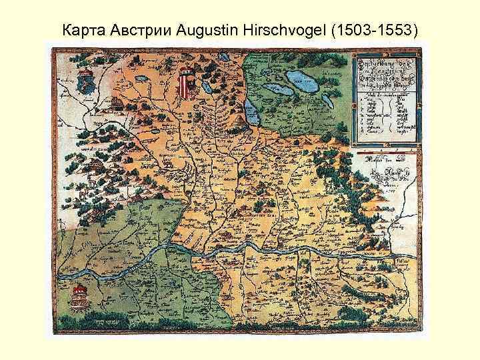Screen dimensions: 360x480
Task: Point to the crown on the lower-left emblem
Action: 81,289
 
